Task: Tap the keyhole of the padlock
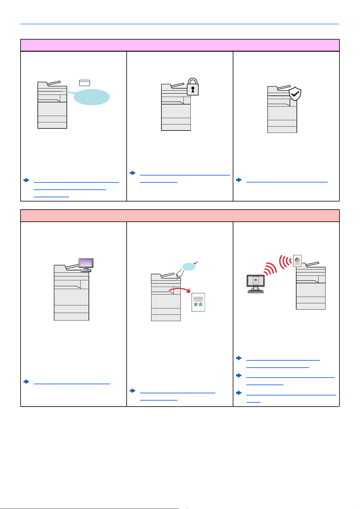(x=193, y=90)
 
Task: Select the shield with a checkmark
(x=295, y=94)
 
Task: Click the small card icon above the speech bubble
(x=85, y=83)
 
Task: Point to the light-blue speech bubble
(x=92, y=97)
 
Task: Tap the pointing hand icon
(x=180, y=274)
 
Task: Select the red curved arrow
(x=180, y=290)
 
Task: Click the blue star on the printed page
(x=196, y=304)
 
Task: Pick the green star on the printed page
(x=201, y=304)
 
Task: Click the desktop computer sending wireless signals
(x=255, y=283)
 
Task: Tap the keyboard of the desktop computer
(x=255, y=292)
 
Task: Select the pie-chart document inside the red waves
(x=297, y=261)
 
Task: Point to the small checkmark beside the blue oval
(x=196, y=263)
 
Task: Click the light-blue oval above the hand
(x=189, y=266)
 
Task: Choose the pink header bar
(x=180, y=45)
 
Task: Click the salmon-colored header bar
(x=180, y=216)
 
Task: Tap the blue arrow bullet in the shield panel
(x=239, y=180)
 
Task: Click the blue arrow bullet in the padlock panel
(x=132, y=173)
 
